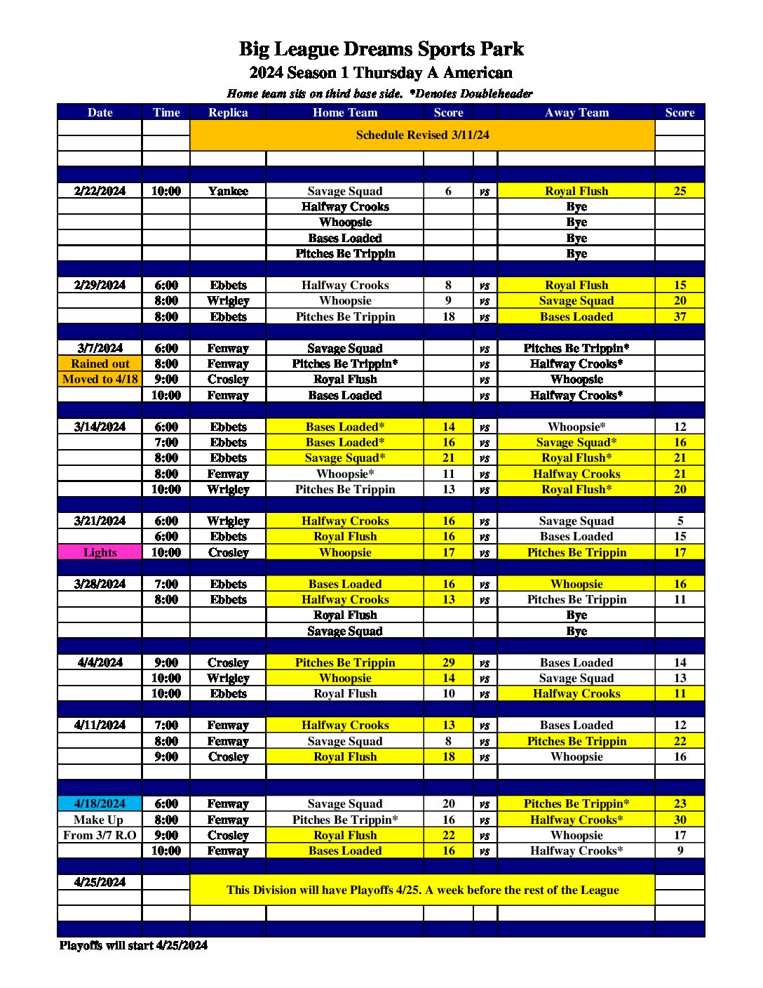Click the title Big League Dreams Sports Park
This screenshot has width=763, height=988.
tap(381, 49)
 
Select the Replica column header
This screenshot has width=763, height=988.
tap(228, 112)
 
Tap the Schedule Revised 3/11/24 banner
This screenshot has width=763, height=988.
tap(422, 135)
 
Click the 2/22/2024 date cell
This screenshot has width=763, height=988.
tap(100, 191)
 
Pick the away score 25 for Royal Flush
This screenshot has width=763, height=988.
tap(680, 191)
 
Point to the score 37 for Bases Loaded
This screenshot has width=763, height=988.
tap(680, 316)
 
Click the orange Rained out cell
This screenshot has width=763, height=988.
tap(100, 363)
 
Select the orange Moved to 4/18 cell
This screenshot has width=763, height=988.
tap(100, 379)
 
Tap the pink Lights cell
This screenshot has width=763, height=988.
tap(100, 552)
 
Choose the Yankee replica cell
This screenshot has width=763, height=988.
tap(228, 191)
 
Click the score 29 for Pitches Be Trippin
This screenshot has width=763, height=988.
tap(448, 662)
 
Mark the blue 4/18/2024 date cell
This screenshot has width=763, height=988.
tap(100, 803)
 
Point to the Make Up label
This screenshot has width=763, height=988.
tap(98, 820)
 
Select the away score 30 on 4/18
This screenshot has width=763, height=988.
tap(680, 820)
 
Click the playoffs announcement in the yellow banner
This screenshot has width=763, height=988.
tap(422, 890)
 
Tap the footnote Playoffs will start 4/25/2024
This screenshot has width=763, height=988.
tap(133, 945)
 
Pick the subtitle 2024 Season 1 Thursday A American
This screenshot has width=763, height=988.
tap(381, 73)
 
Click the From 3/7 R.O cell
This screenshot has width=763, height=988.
tap(100, 835)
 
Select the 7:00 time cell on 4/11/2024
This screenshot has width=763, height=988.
tap(166, 725)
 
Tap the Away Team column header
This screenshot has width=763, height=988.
tap(576, 112)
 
